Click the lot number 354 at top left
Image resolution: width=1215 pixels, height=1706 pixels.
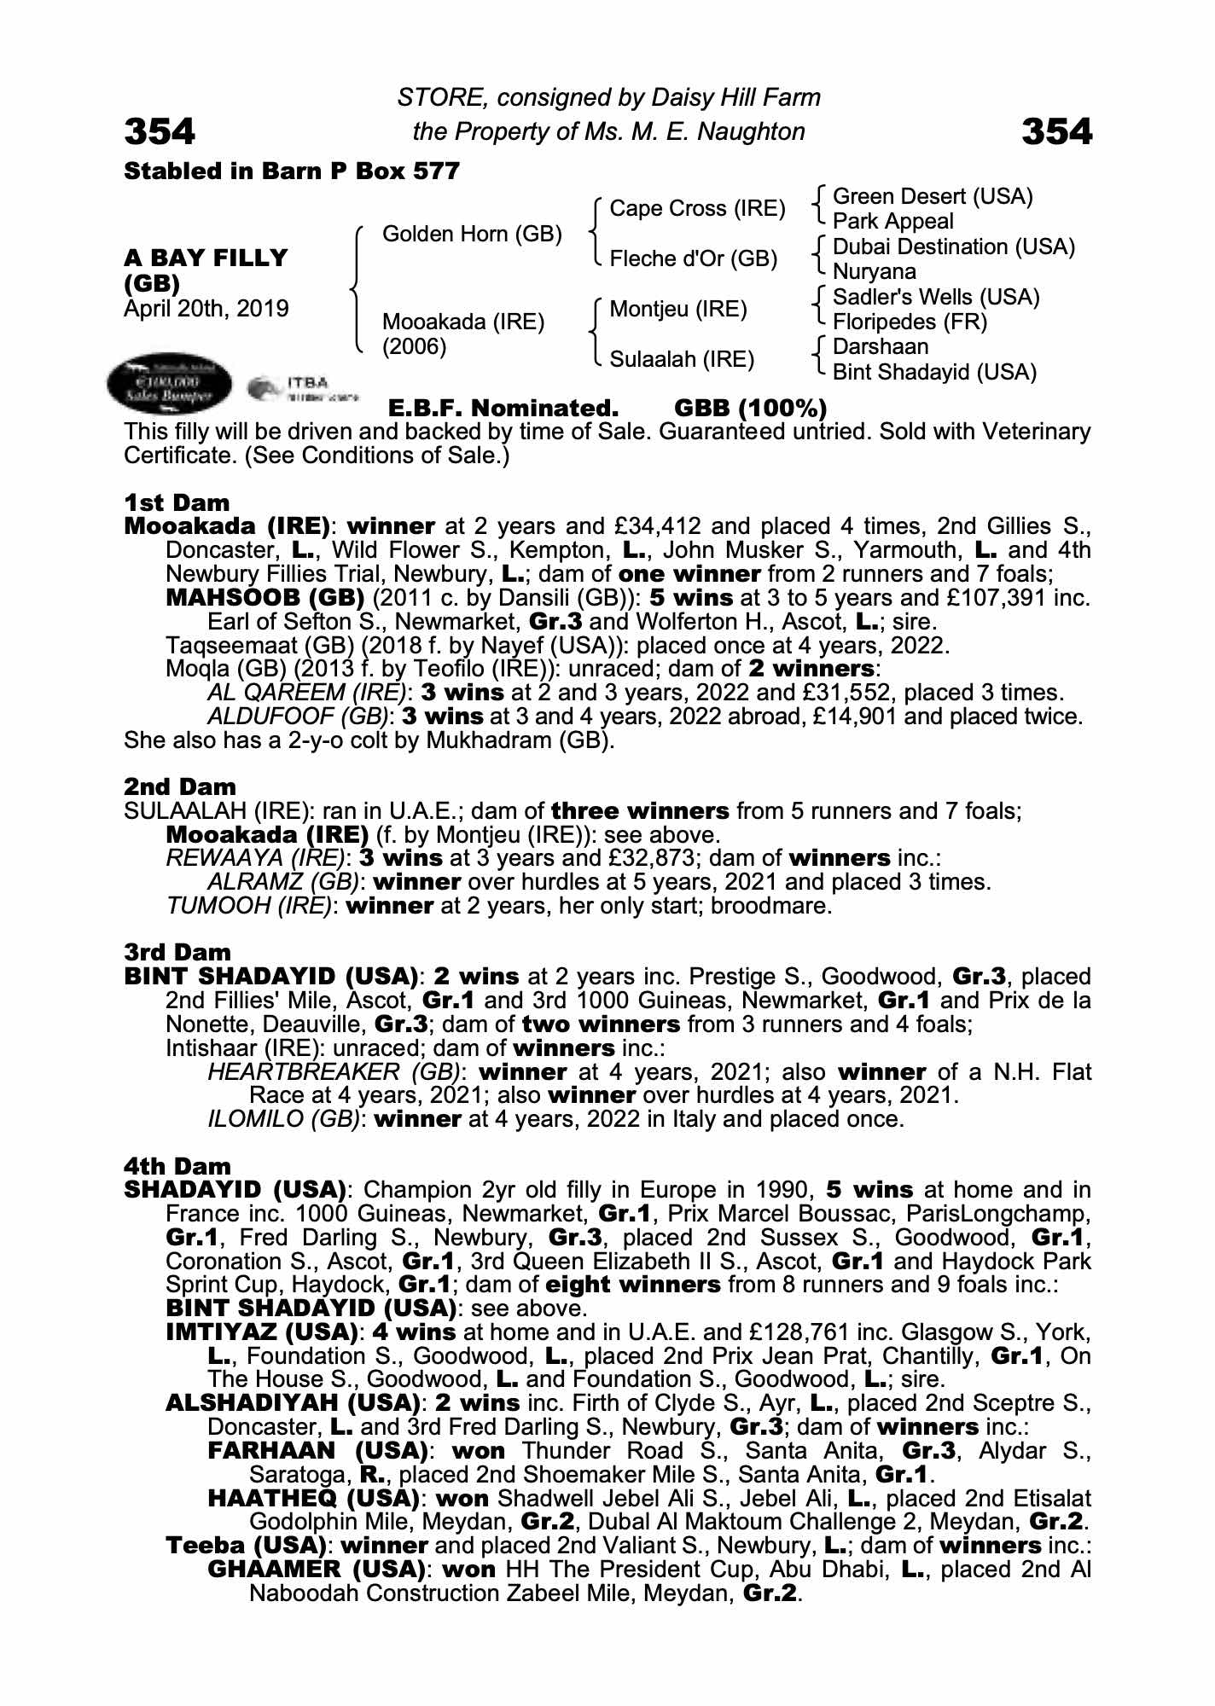160,131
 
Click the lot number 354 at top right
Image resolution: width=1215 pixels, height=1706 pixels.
1056,131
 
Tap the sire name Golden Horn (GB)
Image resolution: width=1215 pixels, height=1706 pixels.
472,234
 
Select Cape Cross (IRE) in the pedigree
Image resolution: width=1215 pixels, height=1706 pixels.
697,209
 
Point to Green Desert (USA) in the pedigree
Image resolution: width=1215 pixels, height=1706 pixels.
933,197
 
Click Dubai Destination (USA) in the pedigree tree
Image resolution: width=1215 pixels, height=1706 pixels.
953,247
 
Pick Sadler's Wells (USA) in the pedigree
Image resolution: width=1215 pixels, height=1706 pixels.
936,297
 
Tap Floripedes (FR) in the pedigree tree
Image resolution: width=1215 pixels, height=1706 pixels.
910,322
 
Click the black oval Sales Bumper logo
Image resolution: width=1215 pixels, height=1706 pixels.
170,385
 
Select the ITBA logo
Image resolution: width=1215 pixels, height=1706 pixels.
303,389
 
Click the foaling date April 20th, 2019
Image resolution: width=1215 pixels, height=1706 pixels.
206,309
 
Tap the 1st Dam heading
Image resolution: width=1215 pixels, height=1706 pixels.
177,502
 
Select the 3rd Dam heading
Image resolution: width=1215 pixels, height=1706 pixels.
177,952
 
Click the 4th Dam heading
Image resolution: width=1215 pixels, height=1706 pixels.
177,1166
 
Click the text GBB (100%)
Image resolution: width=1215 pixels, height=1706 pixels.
750,408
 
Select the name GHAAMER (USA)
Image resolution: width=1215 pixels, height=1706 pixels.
317,1570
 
